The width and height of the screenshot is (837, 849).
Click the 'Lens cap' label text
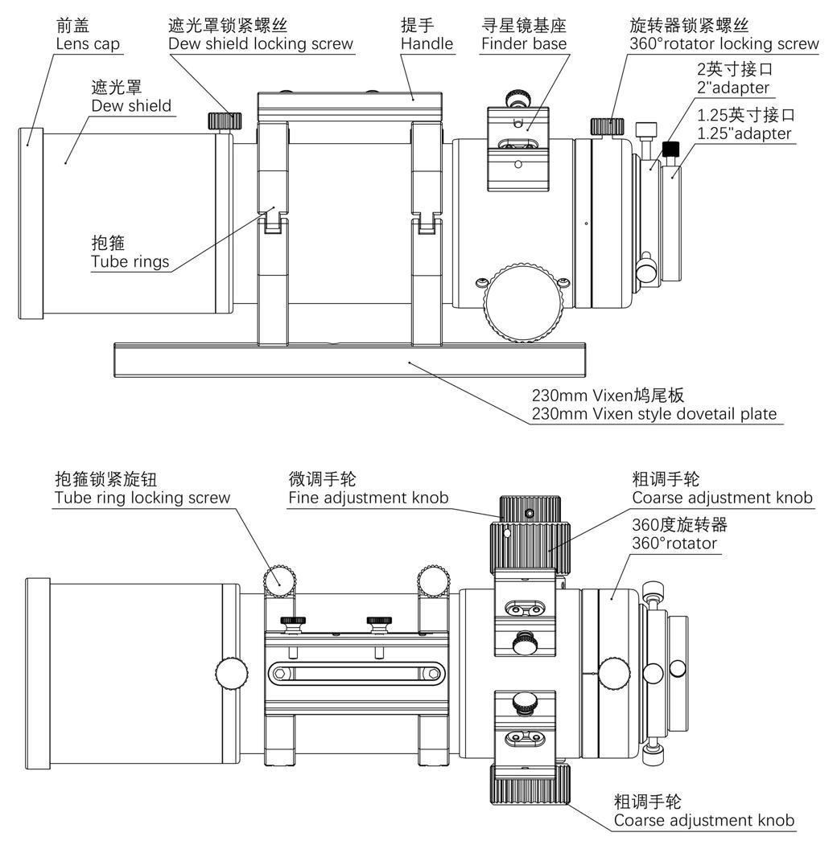[88, 43]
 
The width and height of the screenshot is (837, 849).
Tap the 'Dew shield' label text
[130, 105]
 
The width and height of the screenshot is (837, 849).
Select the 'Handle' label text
[427, 43]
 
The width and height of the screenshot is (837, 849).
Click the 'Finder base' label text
[523, 43]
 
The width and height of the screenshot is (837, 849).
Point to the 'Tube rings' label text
[130, 261]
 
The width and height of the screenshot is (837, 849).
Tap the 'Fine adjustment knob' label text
[368, 498]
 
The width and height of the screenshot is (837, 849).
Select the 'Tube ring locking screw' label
[142, 498]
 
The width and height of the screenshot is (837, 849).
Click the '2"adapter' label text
[732, 88]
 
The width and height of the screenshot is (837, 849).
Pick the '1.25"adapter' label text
[744, 133]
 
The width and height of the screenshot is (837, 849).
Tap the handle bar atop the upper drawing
[349, 105]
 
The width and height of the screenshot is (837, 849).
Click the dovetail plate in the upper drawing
[349, 359]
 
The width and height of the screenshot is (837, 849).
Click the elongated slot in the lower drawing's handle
[358, 672]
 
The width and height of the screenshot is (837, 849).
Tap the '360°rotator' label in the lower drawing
[674, 543]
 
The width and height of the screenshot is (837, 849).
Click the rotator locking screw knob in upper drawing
[608, 126]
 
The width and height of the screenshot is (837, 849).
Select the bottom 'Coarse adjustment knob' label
[703, 821]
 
